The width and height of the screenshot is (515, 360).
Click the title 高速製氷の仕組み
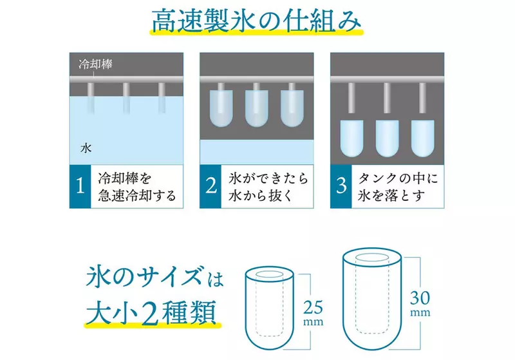(x=256, y=21)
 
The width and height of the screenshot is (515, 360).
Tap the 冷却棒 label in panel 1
(x=95, y=64)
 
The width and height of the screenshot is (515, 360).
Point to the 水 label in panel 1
(x=86, y=149)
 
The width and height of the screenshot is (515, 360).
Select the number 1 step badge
(x=80, y=186)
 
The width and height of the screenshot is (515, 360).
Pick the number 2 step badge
(x=211, y=186)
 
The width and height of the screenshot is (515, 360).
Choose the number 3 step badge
(x=341, y=186)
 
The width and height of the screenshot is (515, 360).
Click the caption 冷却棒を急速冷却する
(x=137, y=187)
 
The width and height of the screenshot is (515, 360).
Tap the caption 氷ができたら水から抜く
(x=268, y=187)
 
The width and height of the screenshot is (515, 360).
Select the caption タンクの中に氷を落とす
(x=398, y=187)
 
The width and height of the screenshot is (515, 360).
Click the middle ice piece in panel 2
(x=256, y=108)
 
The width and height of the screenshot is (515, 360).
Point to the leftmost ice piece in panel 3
(x=351, y=138)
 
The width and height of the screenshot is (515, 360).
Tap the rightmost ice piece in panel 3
(x=423, y=138)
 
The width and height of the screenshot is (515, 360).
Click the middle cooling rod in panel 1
(x=126, y=98)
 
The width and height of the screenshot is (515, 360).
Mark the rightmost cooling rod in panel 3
(x=422, y=98)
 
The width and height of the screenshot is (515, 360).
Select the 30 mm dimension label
(x=420, y=303)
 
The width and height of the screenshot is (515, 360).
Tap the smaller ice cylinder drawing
(x=269, y=308)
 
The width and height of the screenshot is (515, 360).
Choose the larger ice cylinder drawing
(x=372, y=299)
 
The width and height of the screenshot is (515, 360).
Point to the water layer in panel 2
(x=256, y=152)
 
